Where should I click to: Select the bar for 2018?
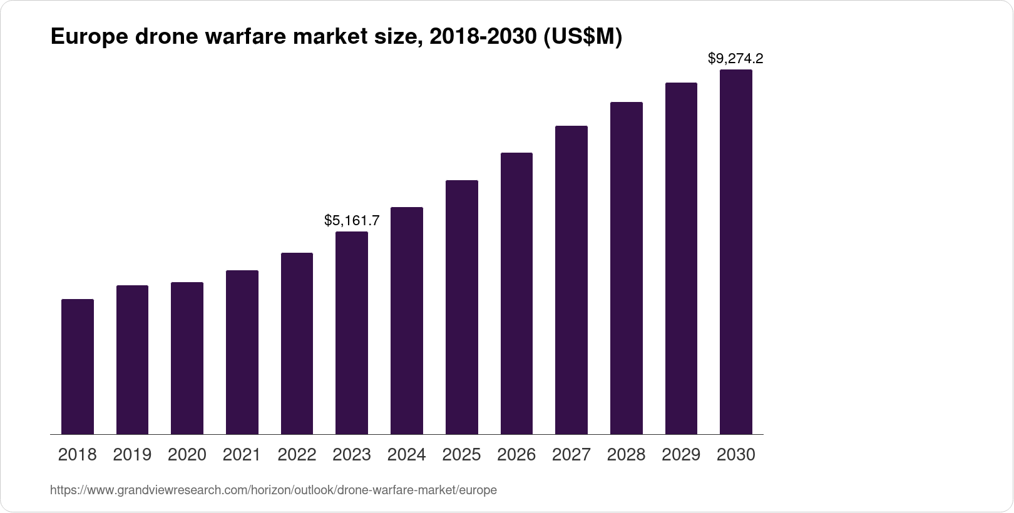(78, 367)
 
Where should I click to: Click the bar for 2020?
(187, 358)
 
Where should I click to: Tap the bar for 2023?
(352, 333)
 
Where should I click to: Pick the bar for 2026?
(516, 293)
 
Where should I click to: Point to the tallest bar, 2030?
(736, 252)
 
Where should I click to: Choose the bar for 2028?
(627, 268)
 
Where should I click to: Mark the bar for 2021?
(242, 352)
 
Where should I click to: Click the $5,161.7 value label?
(352, 220)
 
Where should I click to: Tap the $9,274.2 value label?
(735, 59)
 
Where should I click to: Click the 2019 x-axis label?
(132, 455)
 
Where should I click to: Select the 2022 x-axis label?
(297, 455)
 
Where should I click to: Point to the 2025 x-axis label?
(462, 455)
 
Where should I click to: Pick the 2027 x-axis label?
(571, 455)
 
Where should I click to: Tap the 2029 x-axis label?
(681, 455)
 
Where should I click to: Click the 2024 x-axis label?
(407, 455)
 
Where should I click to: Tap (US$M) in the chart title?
(582, 38)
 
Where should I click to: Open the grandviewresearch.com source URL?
(274, 490)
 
